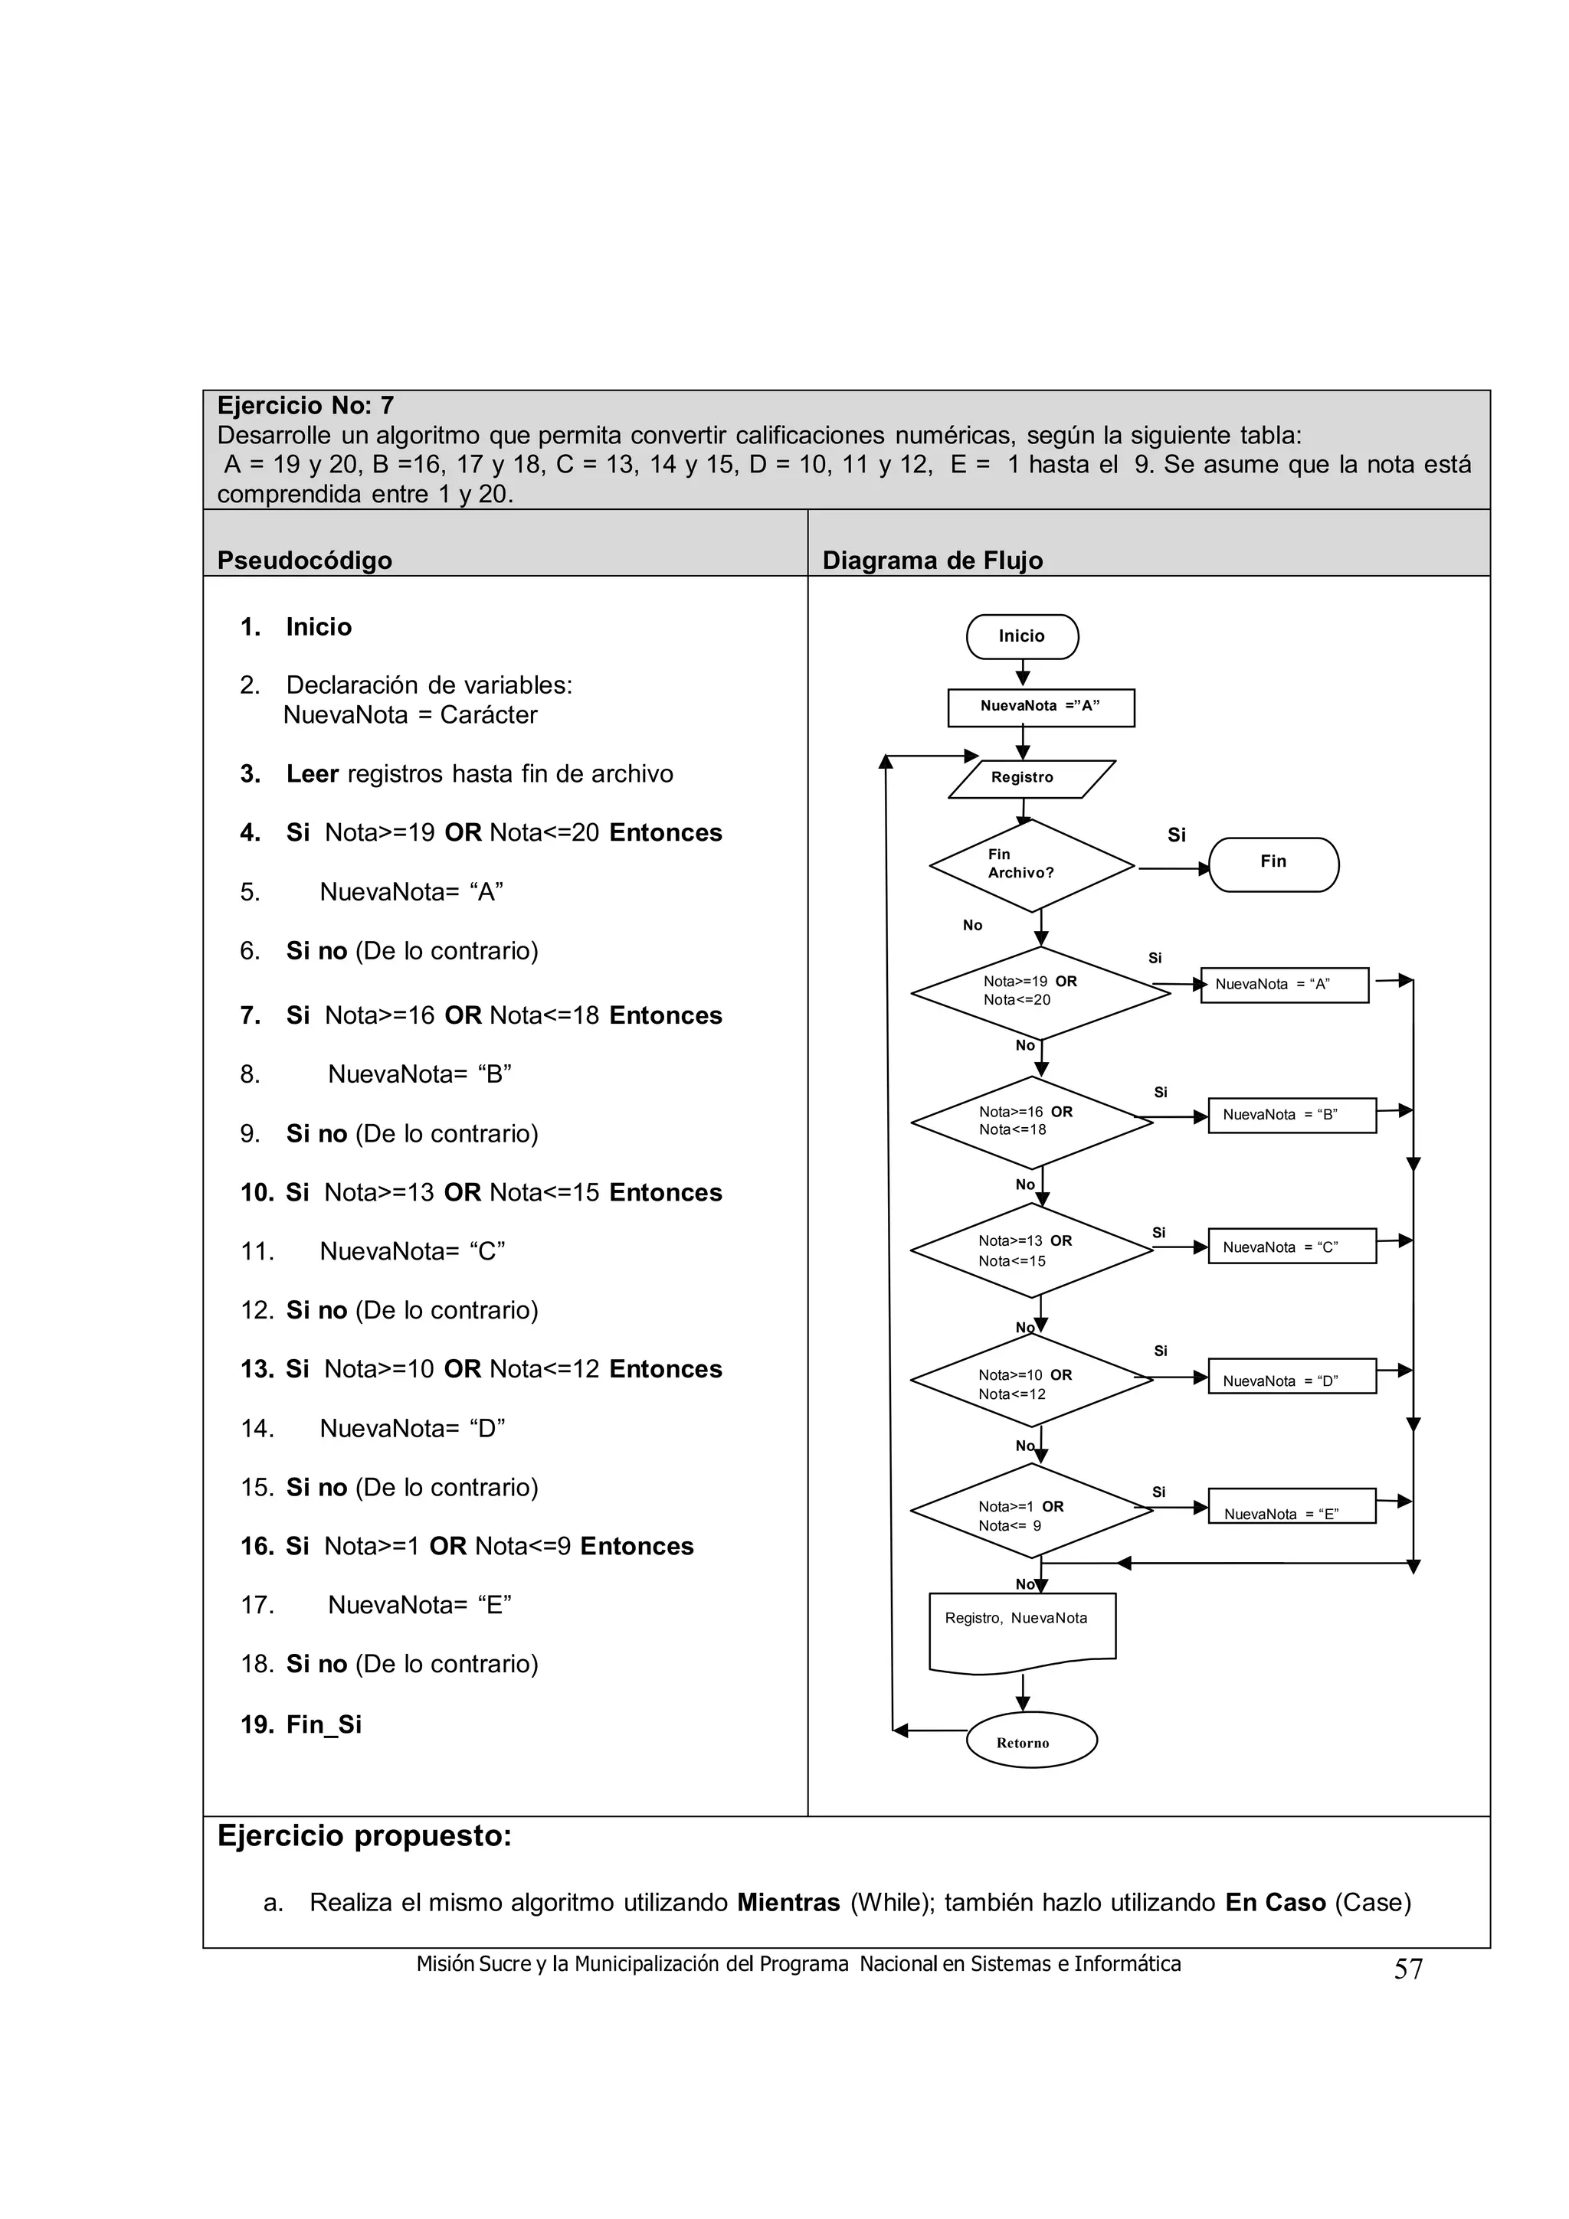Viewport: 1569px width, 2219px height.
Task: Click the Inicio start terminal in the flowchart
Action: pos(1022,636)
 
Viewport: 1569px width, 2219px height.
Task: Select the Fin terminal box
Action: pos(1273,863)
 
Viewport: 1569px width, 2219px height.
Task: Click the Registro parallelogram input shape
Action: pos(1030,778)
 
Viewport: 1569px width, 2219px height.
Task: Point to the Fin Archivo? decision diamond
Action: pos(1031,865)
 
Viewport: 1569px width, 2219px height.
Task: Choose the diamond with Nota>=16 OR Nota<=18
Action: pos(1031,1121)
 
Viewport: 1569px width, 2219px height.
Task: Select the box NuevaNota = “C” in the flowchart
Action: pos(1292,1247)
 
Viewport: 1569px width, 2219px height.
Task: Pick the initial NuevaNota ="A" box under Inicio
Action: pos(1040,707)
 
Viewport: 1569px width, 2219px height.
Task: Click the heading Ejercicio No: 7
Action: pos(304,406)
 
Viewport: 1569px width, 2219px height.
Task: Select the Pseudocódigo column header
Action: pos(304,560)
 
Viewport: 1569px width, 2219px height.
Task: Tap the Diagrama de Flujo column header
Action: pos(932,560)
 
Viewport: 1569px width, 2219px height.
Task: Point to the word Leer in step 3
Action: pos(311,774)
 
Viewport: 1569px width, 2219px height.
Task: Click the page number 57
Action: pos(1407,1969)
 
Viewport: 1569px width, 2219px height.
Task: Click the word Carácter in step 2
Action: pos(488,715)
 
